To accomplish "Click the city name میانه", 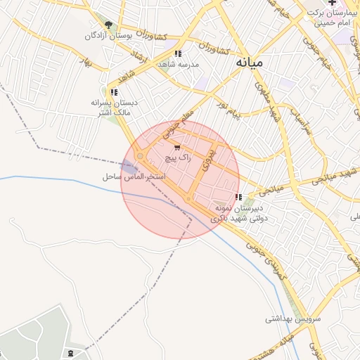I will pyautogui.click(x=249, y=63).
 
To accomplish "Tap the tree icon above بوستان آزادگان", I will pyautogui.click(x=108, y=25).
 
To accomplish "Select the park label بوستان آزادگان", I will pyautogui.click(x=109, y=35).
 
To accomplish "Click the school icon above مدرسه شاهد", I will pyautogui.click(x=179, y=53).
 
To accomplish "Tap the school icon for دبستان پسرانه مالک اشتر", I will pyautogui.click(x=114, y=92).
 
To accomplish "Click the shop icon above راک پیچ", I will pyautogui.click(x=176, y=148).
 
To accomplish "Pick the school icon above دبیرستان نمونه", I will pyautogui.click(x=239, y=197).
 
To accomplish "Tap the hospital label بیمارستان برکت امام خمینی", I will pyautogui.click(x=331, y=18).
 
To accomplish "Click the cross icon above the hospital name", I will pyautogui.click(x=332, y=4).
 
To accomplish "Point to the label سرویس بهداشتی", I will pyautogui.click(x=292, y=319).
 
